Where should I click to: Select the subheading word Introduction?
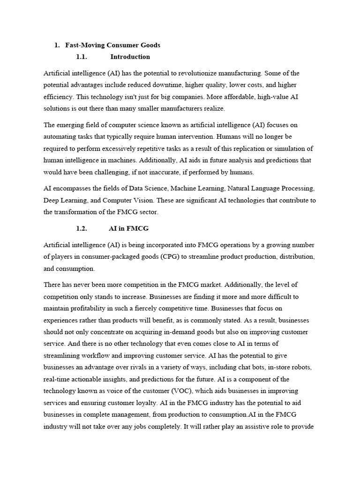[x=130, y=57]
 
